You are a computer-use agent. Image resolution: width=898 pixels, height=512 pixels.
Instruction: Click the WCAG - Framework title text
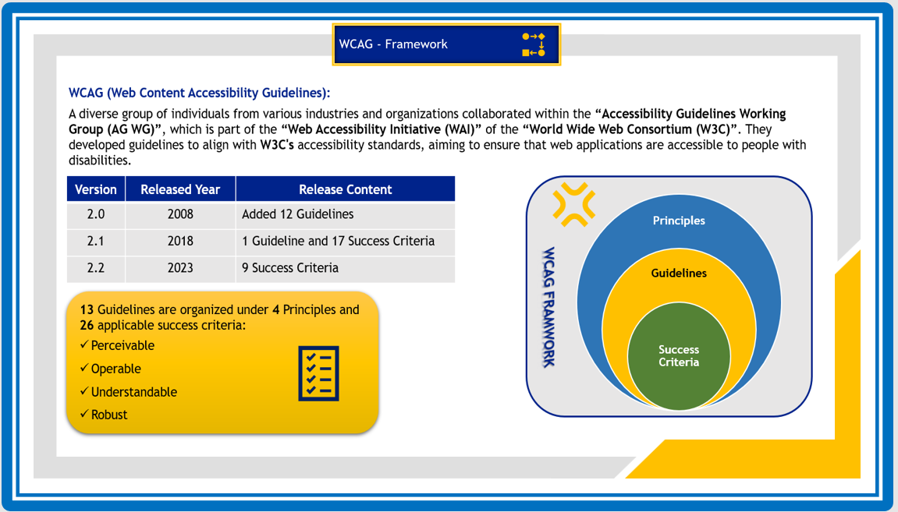point(393,44)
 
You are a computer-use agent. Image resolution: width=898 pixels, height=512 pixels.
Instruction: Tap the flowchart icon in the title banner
point(534,44)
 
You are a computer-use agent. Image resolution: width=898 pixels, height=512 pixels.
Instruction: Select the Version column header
point(96,189)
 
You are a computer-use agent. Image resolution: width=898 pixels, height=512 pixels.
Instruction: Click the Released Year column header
point(180,189)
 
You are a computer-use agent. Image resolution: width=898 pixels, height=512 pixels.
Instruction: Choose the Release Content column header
point(345,189)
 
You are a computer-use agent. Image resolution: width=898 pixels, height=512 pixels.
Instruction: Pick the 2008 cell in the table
point(180,214)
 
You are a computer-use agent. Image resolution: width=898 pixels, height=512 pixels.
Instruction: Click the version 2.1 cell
point(96,242)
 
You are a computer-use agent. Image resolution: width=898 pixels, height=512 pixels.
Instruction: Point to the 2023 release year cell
point(180,268)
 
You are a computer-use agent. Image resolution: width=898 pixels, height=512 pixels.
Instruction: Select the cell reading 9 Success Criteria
point(290,268)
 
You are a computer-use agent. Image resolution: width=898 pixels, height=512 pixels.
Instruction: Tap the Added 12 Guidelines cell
point(297,214)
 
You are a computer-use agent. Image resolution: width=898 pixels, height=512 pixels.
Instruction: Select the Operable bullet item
point(115,369)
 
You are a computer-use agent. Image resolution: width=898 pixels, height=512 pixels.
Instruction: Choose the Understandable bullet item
point(133,392)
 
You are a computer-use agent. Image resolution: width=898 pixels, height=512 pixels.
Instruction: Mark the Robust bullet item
point(108,415)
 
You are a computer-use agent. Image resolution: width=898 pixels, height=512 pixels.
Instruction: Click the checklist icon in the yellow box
point(318,373)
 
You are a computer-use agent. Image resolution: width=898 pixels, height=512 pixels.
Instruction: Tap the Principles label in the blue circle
point(679,221)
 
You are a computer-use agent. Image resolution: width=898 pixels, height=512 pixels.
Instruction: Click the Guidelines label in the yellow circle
point(679,274)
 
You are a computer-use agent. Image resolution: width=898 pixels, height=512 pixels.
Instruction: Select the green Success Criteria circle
point(679,356)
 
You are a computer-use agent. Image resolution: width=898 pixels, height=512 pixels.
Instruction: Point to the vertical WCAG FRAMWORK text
point(548,308)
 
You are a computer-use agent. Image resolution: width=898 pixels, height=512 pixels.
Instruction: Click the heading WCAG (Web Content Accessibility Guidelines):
point(200,93)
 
